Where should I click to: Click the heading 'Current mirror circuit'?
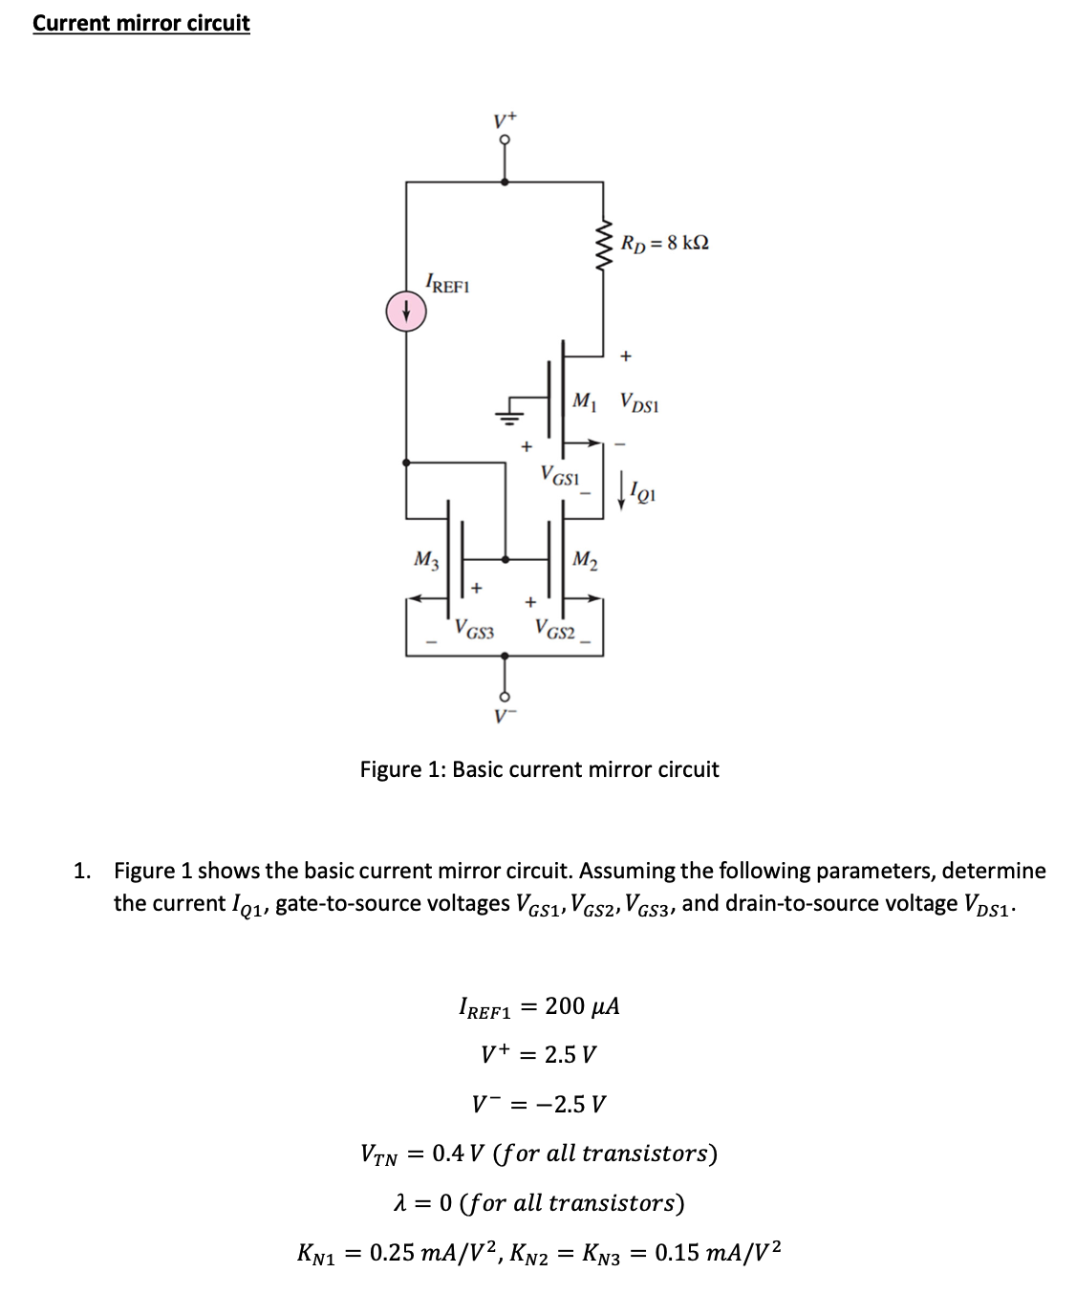pyautogui.click(x=140, y=23)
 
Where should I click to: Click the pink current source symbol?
pyautogui.click(x=405, y=311)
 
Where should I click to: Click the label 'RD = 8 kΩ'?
pyautogui.click(x=664, y=243)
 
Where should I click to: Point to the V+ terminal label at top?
pyautogui.click(x=505, y=120)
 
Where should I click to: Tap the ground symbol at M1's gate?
pyautogui.click(x=510, y=413)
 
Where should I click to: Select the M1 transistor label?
pyautogui.click(x=584, y=401)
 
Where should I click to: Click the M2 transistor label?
pyautogui.click(x=585, y=560)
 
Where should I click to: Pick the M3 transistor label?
pyautogui.click(x=425, y=560)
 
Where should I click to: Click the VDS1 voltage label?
pyautogui.click(x=638, y=402)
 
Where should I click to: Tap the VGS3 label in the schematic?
pyautogui.click(x=474, y=630)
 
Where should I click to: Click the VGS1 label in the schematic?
pyautogui.click(x=560, y=474)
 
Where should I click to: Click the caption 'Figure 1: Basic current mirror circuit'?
pyautogui.click(x=539, y=769)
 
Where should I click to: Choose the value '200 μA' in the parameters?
pyautogui.click(x=582, y=1005)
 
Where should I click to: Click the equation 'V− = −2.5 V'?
pyautogui.click(x=539, y=1104)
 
